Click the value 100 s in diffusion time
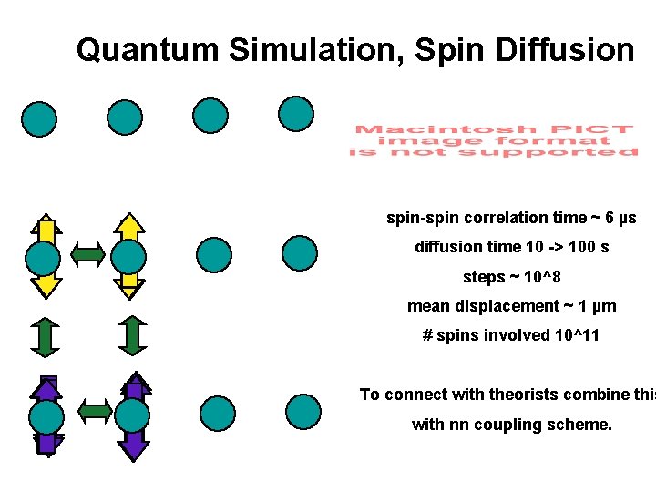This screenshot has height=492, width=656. [592, 247]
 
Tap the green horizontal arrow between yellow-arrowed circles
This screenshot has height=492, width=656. [87, 256]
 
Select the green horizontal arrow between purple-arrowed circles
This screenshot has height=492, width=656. [94, 410]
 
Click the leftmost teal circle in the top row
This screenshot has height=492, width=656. [39, 118]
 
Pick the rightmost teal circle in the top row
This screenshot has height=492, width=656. [296, 115]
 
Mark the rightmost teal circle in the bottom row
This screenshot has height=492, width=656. [302, 412]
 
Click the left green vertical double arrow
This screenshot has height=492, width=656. [44, 335]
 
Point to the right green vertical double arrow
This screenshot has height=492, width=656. [132, 335]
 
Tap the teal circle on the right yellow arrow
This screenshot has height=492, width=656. [128, 258]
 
